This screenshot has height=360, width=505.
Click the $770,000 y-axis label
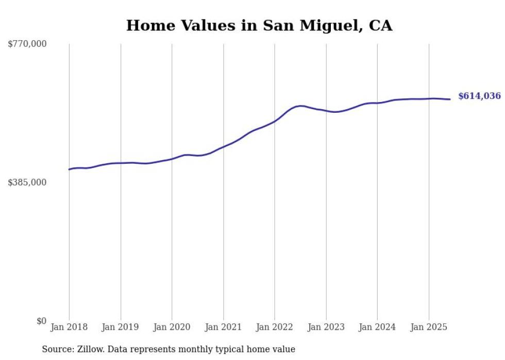[x=27, y=45]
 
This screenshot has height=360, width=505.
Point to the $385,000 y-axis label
[x=27, y=183]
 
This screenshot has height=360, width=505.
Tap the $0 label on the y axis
[x=41, y=321]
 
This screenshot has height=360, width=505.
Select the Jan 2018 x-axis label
[x=69, y=327]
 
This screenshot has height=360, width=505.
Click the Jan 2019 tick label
[x=121, y=327]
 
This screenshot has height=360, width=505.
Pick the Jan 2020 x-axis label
[x=172, y=327]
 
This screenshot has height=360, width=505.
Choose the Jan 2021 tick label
[x=223, y=327]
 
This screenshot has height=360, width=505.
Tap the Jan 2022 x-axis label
[x=275, y=327]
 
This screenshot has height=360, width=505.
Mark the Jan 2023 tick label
[x=326, y=327]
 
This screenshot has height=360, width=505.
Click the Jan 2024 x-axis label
[x=377, y=327]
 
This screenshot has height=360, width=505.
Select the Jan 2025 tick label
[x=428, y=327]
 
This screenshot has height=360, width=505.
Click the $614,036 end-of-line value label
[x=479, y=96]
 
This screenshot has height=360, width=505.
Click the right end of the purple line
[x=450, y=99]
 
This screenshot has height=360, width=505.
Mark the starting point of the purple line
[x=69, y=169]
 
